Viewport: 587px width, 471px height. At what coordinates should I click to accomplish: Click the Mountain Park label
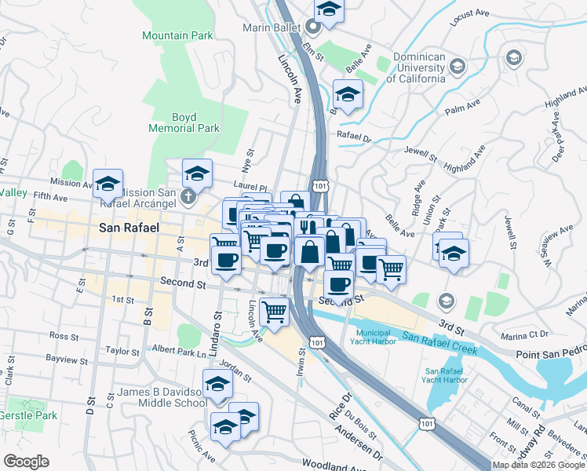(177, 35)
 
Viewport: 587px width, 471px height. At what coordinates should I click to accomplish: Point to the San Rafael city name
(129, 228)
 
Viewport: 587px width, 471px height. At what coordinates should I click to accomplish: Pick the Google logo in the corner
(26, 462)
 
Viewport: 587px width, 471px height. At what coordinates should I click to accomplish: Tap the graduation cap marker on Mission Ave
(108, 184)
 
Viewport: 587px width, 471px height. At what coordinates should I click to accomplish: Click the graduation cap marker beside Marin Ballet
(330, 9)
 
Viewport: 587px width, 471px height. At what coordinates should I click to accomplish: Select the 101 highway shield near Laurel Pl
(319, 185)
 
